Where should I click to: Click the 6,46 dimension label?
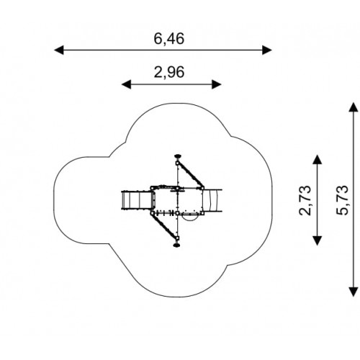coord(169,39)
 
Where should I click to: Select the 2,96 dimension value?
coord(169,72)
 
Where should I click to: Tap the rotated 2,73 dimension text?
coord(305,200)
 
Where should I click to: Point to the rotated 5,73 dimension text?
coord(342,200)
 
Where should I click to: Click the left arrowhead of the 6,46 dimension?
coord(59,50)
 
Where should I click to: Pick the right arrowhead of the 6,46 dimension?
coord(267,50)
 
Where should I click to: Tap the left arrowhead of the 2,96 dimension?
coord(126,84)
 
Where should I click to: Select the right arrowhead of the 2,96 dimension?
coord(217,84)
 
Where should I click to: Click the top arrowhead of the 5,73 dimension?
coord(354,107)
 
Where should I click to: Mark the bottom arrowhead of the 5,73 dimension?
coord(354,292)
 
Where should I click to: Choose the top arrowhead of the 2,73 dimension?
coord(318,160)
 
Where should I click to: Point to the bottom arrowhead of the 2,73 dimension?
coord(318,240)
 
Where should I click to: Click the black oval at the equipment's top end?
coord(178,156)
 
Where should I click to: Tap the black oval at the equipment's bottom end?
coord(177,246)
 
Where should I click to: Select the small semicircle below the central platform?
coord(189,218)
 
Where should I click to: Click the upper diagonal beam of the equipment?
coord(190,175)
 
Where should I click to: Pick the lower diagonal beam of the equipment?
coord(164,225)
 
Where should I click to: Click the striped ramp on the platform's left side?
coord(137,200)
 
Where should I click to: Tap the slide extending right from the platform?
coord(212,200)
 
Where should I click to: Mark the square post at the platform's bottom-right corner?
coord(202,213)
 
